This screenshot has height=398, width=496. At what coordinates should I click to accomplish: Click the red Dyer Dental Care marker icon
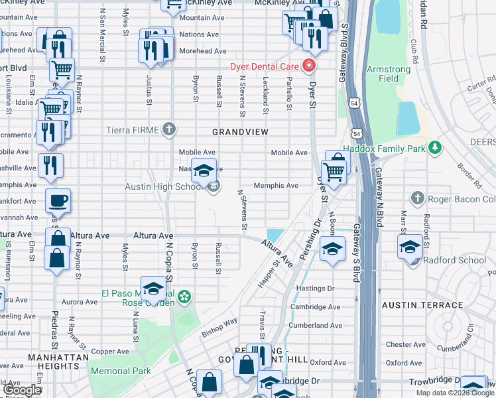click(308, 66)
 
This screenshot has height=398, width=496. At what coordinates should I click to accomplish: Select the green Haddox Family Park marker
click(434, 147)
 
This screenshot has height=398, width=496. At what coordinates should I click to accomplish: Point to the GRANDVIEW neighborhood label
click(240, 133)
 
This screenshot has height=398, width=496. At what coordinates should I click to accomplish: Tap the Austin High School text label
click(162, 187)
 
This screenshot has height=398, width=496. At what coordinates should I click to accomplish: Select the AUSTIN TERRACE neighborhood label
click(422, 305)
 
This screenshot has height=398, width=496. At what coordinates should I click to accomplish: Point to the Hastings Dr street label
click(316, 289)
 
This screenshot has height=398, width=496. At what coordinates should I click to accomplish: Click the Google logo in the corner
click(22, 390)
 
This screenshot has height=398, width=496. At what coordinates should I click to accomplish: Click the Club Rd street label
click(414, 50)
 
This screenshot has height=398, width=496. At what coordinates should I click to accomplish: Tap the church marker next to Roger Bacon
click(417, 198)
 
